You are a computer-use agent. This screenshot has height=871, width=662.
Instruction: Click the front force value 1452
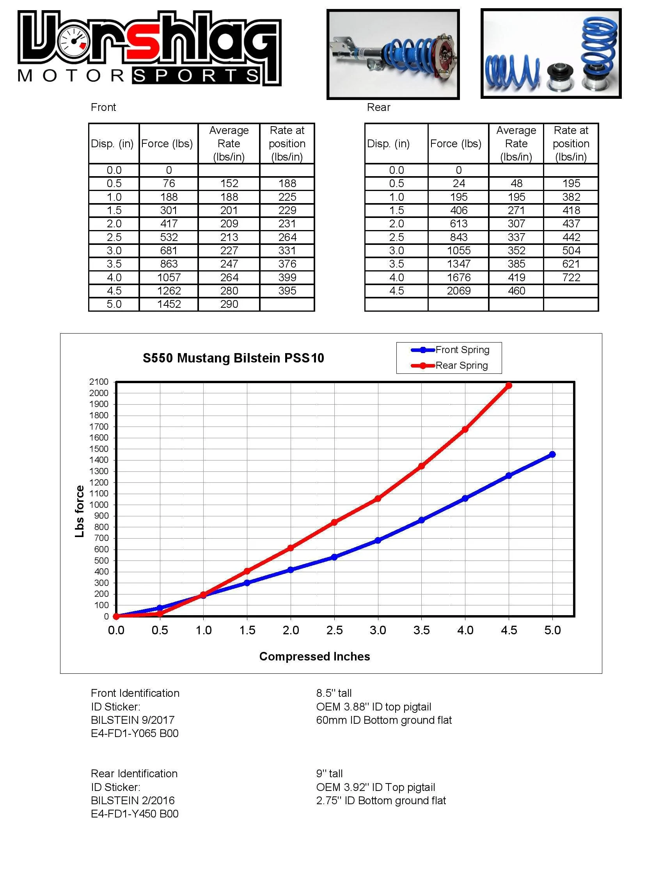point(169,304)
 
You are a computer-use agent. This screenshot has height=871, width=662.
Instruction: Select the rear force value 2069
point(459,291)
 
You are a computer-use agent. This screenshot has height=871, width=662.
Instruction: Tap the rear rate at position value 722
point(571,277)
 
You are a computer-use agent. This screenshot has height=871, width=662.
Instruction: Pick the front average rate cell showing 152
point(229,184)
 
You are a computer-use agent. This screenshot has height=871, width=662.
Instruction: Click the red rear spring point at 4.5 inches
point(509,386)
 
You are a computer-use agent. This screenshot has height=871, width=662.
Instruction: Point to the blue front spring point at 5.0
point(552,454)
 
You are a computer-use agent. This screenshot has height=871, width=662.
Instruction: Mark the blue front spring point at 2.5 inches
point(334,557)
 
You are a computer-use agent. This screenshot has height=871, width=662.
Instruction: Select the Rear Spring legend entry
point(449,366)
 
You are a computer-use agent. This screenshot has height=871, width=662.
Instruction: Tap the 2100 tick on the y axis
point(99,382)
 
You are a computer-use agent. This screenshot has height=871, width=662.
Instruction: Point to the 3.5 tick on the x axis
point(422,630)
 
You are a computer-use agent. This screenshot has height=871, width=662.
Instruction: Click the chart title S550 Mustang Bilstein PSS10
point(233,358)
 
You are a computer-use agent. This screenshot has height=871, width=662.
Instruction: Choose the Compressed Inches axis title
point(314,657)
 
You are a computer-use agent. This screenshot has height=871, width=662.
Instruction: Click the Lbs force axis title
point(80,511)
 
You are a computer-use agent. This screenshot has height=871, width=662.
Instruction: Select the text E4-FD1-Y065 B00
point(135,734)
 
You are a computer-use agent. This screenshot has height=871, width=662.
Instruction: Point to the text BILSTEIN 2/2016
point(133,800)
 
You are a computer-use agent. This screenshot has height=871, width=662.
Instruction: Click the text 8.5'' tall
point(334,693)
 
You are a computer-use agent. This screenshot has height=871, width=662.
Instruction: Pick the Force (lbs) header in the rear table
point(456,144)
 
